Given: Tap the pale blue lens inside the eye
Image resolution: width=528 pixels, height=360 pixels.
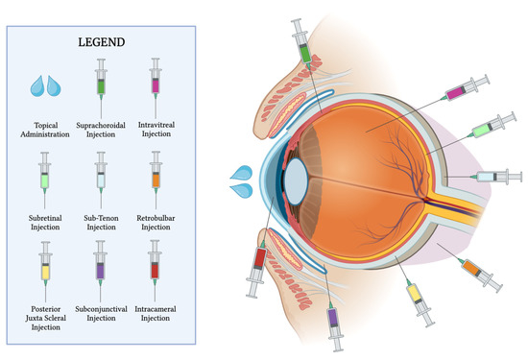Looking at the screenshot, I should (296, 180).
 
